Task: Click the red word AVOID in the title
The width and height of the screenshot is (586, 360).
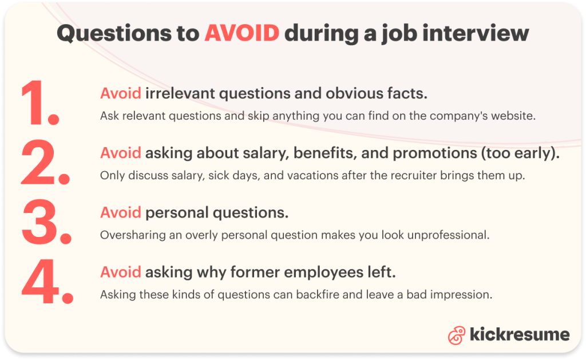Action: [242, 33]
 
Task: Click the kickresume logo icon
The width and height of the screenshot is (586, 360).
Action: [456, 335]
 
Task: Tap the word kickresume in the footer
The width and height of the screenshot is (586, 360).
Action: [520, 334]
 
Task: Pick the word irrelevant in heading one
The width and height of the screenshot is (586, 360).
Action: [180, 93]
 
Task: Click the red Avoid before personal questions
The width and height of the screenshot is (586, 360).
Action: [121, 213]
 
